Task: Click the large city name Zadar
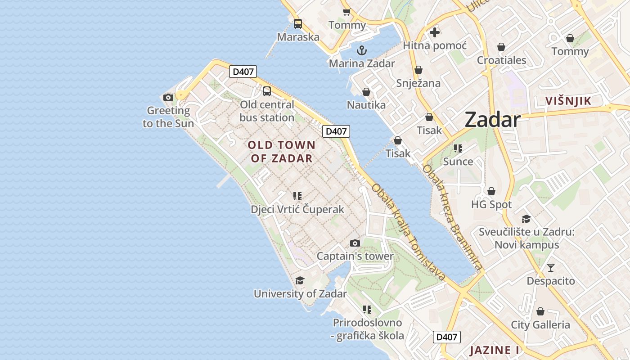point(492,120)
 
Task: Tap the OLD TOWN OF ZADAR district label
point(282,152)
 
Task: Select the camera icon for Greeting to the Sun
point(168,97)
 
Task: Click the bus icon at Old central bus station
point(267,91)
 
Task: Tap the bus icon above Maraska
point(298,24)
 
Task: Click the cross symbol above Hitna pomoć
point(435,32)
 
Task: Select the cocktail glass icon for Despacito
point(551,268)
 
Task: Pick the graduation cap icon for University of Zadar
point(300,281)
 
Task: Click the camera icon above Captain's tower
point(355,243)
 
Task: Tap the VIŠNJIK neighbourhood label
point(568,101)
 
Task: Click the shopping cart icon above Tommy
point(346,12)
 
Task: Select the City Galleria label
point(540,324)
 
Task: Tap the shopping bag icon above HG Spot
point(491,191)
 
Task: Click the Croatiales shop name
point(501,60)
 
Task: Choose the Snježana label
point(418,83)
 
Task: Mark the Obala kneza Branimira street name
point(452,218)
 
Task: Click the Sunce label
point(458,162)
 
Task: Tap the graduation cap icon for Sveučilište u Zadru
point(526,219)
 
